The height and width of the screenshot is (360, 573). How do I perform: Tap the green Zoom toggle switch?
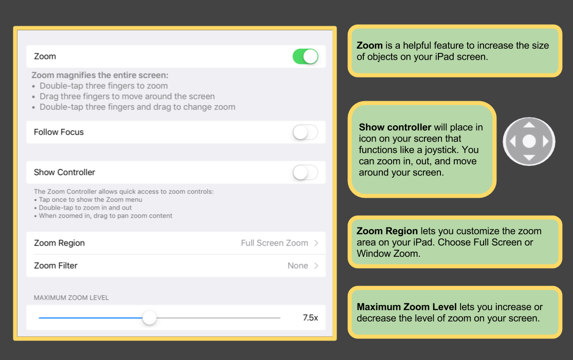(305, 56)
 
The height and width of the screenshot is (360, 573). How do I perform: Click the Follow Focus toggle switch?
(305, 132)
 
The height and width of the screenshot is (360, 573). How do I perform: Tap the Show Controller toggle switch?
(305, 173)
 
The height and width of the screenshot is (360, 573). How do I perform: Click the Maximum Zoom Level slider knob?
(149, 318)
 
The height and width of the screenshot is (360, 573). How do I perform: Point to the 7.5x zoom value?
(310, 318)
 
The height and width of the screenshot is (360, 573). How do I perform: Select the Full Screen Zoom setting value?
(274, 243)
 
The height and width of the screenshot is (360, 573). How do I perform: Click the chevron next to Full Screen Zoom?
(317, 243)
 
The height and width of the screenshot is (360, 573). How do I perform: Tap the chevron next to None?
(317, 266)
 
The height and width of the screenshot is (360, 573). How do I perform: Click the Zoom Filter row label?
(56, 266)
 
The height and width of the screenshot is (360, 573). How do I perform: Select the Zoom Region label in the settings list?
(59, 243)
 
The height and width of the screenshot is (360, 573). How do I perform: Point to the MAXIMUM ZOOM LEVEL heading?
(71, 297)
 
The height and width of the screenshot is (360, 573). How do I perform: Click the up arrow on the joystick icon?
(529, 125)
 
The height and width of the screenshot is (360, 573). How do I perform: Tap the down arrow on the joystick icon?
(529, 158)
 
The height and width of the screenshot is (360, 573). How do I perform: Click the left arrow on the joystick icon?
(512, 141)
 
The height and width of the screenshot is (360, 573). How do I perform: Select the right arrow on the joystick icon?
(546, 141)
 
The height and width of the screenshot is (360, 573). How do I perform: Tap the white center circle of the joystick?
(529, 141)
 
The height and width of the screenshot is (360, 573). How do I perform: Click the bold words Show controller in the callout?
(395, 127)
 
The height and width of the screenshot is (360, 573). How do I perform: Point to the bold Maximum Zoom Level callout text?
(406, 307)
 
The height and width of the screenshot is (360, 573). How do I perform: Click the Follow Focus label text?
(59, 132)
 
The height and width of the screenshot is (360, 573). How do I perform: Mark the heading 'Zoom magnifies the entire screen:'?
(100, 75)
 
